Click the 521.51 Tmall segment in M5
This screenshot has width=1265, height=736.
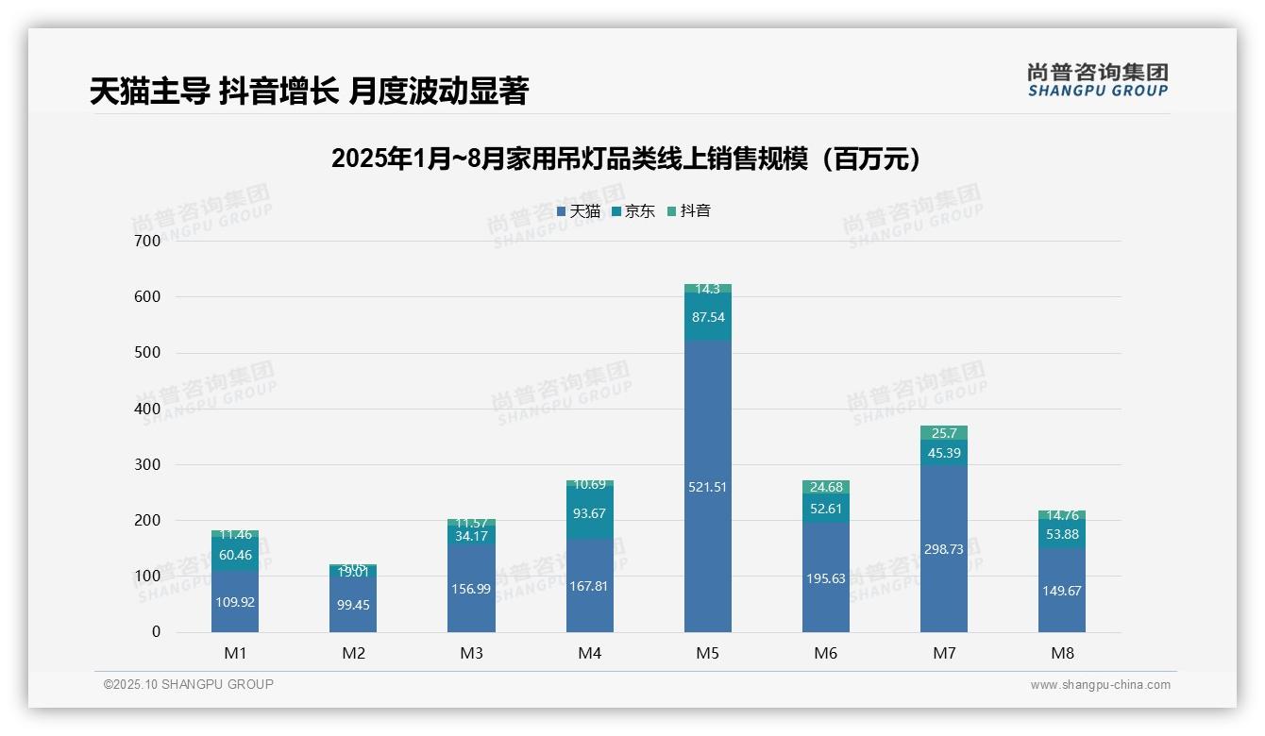tap(707, 486)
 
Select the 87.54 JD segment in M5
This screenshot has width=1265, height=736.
tap(707, 317)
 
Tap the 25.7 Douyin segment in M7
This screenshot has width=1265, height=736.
tap(943, 433)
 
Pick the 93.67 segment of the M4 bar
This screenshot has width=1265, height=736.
tap(589, 512)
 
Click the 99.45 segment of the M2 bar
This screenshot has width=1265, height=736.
tap(353, 604)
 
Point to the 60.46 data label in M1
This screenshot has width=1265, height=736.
tap(235, 555)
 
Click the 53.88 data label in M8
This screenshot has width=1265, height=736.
tap(1061, 534)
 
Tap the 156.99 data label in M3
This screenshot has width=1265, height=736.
tap(471, 589)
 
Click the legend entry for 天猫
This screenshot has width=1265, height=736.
tap(579, 211)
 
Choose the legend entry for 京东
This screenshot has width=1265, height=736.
tap(633, 211)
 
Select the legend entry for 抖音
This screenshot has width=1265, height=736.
tap(689, 211)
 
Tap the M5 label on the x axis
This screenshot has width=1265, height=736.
tap(707, 653)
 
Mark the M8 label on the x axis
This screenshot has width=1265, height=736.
tap(1061, 653)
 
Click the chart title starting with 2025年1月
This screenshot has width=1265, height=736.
tap(626, 159)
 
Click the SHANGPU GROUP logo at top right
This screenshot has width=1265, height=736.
tap(1097, 80)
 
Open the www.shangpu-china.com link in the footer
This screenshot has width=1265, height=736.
tap(1100, 685)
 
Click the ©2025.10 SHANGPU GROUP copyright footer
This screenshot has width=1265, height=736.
tap(189, 684)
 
